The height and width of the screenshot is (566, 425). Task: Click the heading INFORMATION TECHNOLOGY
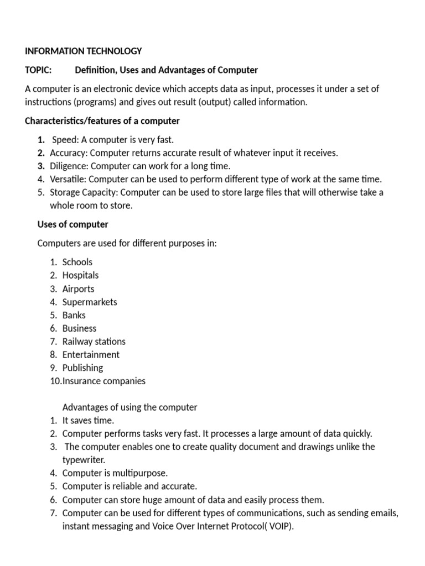coord(84,51)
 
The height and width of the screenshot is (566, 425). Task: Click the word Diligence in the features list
coord(69,166)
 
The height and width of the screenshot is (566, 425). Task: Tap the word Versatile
coord(68,179)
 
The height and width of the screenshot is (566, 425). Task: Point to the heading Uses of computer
coord(72,224)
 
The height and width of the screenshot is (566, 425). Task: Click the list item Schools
coord(77,262)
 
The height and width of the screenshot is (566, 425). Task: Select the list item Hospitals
coord(80,275)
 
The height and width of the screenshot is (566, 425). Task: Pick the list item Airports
coord(78,289)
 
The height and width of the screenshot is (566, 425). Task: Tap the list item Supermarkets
coord(90,302)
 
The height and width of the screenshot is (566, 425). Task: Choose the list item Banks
coord(74,315)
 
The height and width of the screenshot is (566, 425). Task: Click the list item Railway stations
coord(94,342)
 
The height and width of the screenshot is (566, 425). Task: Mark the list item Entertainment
coord(91,355)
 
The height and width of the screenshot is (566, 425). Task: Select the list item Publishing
coord(82,368)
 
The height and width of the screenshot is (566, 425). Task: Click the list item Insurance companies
coord(104,381)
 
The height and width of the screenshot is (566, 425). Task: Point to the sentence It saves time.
coord(88,421)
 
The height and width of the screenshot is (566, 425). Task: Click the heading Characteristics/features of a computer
coord(102,120)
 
